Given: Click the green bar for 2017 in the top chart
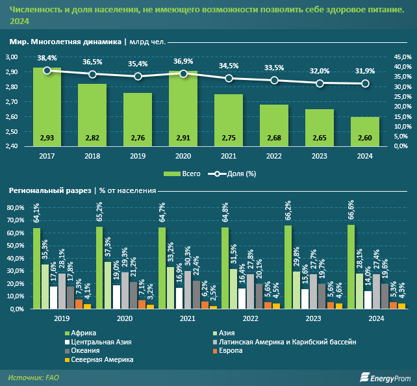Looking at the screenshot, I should click(47, 107).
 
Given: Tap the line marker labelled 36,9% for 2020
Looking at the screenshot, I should click(183, 73).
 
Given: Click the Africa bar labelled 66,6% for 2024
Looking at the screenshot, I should click(351, 266).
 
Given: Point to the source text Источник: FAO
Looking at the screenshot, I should click(34, 377).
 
